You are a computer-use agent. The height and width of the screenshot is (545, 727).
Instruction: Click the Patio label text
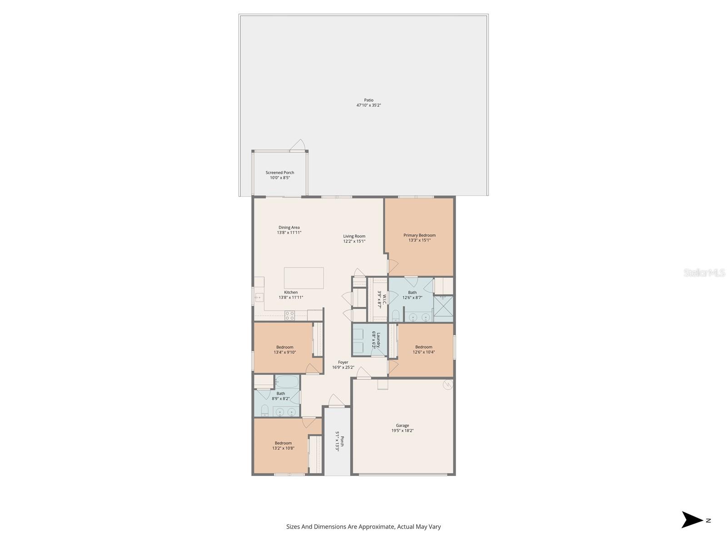pyautogui.click(x=368, y=100)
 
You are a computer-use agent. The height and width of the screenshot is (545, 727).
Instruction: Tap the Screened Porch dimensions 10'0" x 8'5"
pyautogui.click(x=280, y=178)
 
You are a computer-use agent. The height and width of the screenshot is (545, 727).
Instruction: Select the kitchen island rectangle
pyautogui.click(x=304, y=278)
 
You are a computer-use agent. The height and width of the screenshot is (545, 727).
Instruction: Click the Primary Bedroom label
pyautogui.click(x=419, y=235)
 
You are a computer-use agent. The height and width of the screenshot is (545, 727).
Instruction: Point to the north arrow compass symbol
pyautogui.click(x=692, y=520)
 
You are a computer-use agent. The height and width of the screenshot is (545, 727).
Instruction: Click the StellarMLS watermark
pyautogui.click(x=704, y=273)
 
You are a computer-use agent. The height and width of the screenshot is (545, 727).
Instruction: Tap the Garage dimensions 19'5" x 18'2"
pyautogui.click(x=403, y=431)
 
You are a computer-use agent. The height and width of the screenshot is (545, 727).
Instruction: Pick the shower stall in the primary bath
pyautogui.click(x=443, y=309)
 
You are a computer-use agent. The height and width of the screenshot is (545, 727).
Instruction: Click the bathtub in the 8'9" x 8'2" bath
pyautogui.click(x=287, y=381)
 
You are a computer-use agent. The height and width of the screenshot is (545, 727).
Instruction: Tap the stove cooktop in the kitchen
pyautogui.click(x=289, y=315)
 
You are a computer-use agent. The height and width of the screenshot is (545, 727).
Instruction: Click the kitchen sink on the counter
pyautogui.click(x=259, y=298)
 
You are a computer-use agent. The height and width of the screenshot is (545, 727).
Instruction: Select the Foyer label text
pyautogui.click(x=343, y=362)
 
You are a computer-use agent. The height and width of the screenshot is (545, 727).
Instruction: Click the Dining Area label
pyautogui.click(x=289, y=228)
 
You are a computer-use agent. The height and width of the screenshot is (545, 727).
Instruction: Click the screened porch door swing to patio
pyautogui.click(x=298, y=145)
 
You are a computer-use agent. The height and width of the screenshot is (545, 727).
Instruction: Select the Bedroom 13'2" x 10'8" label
pyautogui.click(x=283, y=443)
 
